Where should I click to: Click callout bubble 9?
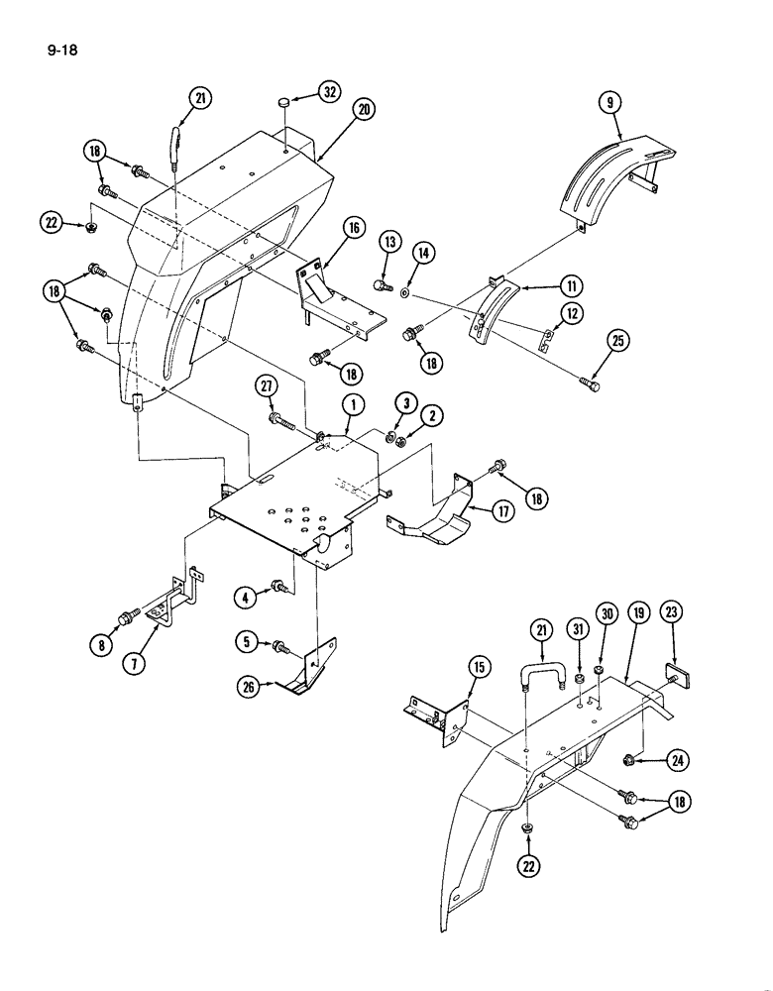[610, 99]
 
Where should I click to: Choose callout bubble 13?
[388, 241]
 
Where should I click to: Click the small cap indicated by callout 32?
[283, 101]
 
